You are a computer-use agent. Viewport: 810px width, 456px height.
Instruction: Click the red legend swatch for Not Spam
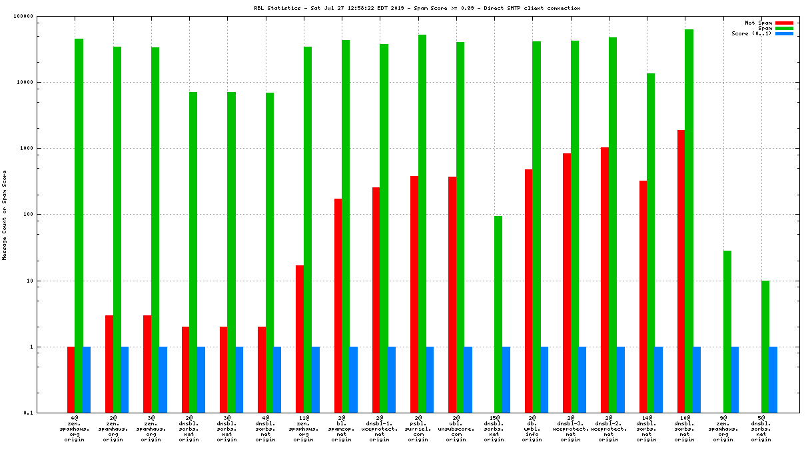pos(784,23)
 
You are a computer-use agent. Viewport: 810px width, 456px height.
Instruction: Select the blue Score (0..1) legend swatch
pos(784,33)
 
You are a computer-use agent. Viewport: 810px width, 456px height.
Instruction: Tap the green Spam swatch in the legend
pos(784,28)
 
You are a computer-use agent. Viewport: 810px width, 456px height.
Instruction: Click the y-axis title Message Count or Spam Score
pos(4,215)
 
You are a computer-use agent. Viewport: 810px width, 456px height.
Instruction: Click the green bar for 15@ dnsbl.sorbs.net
pos(498,314)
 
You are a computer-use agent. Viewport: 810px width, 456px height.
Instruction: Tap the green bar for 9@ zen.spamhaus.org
pos(727,331)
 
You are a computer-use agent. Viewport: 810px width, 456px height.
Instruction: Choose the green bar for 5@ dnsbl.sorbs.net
pos(765,347)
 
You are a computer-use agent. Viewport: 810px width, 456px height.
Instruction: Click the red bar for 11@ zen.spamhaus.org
pos(300,339)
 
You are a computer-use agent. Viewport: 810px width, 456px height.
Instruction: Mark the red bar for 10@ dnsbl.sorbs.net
pos(681,271)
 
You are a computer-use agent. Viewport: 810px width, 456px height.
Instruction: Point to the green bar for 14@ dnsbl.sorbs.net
pos(651,243)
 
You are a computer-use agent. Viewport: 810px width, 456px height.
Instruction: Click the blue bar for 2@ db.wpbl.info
pos(544,379)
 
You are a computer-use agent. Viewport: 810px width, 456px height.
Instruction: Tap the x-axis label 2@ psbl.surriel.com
pos(418,429)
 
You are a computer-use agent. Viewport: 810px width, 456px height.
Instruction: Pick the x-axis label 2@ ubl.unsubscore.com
pos(456,429)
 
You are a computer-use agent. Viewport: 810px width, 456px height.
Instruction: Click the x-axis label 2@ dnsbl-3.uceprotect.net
pos(570,429)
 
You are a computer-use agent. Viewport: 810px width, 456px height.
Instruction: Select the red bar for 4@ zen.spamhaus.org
pos(71,379)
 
